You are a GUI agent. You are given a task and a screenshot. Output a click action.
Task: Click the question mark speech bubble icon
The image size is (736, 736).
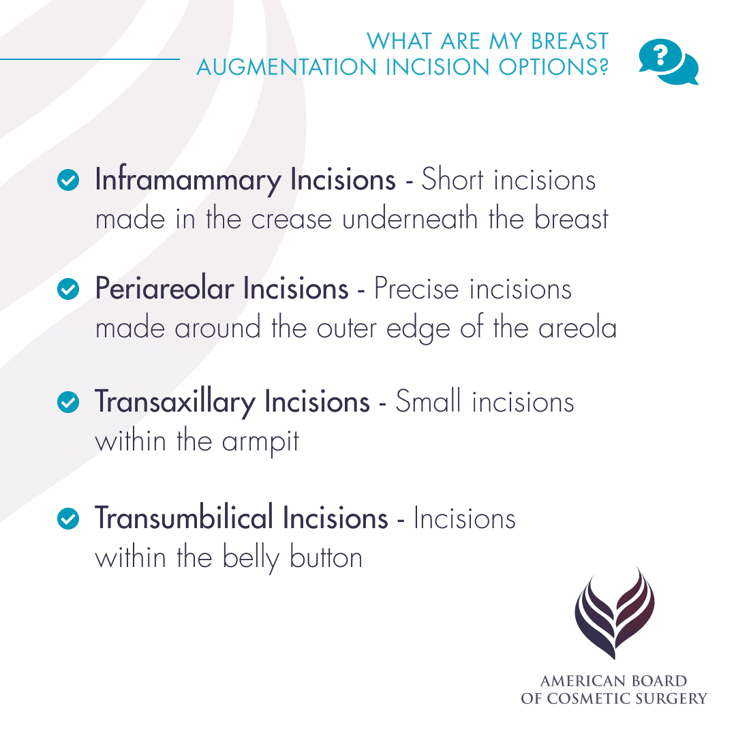[668, 61]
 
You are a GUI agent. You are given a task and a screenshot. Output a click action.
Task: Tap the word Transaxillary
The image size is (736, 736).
[174, 402]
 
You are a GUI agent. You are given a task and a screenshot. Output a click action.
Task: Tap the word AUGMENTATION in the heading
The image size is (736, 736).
[285, 67]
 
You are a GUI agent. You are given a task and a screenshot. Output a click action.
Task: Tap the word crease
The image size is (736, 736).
[288, 219]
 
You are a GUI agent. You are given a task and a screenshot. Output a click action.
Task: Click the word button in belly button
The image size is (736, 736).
[326, 557]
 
